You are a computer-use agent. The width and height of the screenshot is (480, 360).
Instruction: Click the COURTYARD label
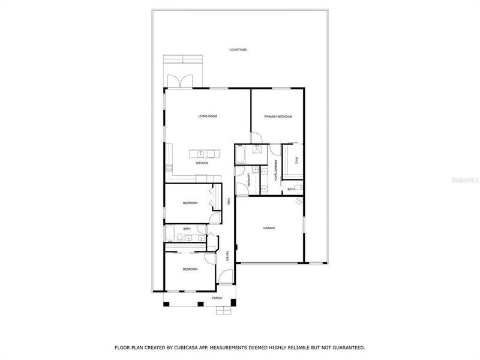click(x=238, y=50)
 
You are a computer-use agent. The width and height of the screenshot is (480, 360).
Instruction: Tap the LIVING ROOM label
click(x=208, y=116)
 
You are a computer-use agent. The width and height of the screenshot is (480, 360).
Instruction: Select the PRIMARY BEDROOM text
click(x=278, y=116)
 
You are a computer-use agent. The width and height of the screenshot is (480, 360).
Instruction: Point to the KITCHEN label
click(x=202, y=163)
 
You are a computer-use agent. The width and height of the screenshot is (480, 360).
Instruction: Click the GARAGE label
click(x=269, y=228)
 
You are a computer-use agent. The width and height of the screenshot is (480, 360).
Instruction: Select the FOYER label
click(x=227, y=256)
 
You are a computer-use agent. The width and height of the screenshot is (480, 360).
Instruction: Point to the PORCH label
click(x=217, y=298)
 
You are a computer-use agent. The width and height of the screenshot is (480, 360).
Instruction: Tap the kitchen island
click(x=202, y=154)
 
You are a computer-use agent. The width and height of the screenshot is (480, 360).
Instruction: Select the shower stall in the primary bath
click(x=256, y=150)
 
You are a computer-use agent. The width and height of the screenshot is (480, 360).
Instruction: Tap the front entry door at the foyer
click(x=224, y=277)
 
